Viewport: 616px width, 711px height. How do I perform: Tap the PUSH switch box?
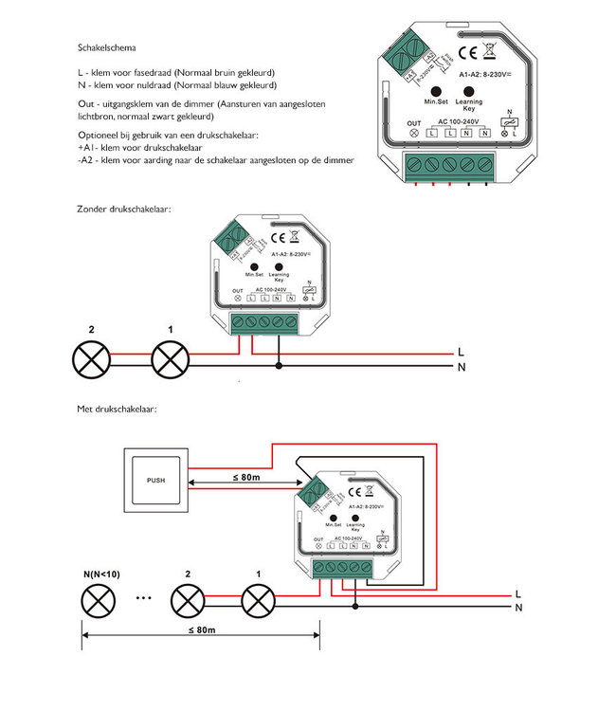(x=155, y=480)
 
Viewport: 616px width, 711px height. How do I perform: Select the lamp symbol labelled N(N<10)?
(x=96, y=600)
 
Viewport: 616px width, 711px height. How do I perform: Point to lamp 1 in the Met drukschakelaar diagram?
(x=259, y=600)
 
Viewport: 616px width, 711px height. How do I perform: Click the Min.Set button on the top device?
(x=437, y=87)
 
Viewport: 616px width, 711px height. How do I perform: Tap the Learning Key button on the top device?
(x=469, y=87)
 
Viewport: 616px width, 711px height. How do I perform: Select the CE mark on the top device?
(x=467, y=53)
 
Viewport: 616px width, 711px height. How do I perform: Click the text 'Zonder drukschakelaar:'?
(x=124, y=208)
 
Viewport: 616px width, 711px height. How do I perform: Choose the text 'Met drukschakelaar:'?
(x=116, y=410)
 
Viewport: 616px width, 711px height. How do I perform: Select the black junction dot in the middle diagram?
(x=278, y=365)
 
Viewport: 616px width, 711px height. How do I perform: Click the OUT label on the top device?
(x=413, y=123)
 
